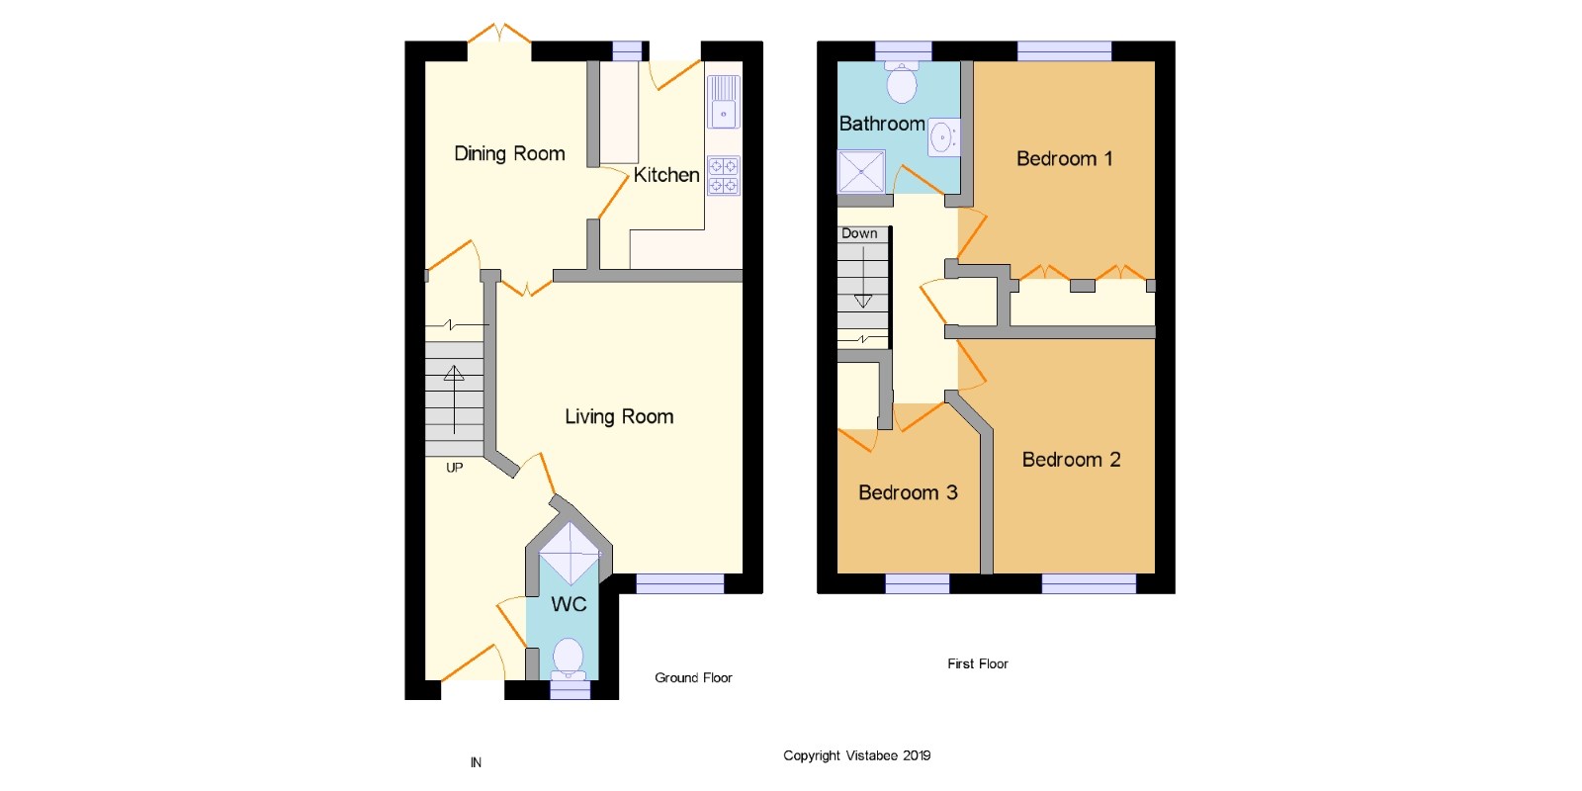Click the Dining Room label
coord(509,154)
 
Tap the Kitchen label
coord(666,175)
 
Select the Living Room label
coord(619,416)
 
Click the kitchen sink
coord(723,103)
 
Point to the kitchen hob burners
coord(723,176)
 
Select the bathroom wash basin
coord(943,137)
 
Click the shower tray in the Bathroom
coord(861,172)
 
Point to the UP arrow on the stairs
coord(454,399)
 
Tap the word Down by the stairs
coord(859,233)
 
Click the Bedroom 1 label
coord(1064,159)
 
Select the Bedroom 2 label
coord(1072,460)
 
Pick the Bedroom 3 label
coord(908,492)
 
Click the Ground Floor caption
coord(693,678)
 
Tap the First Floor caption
coord(978,663)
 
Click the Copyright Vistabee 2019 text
coord(856,755)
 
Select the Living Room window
coord(679,583)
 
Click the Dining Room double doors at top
coord(499,34)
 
